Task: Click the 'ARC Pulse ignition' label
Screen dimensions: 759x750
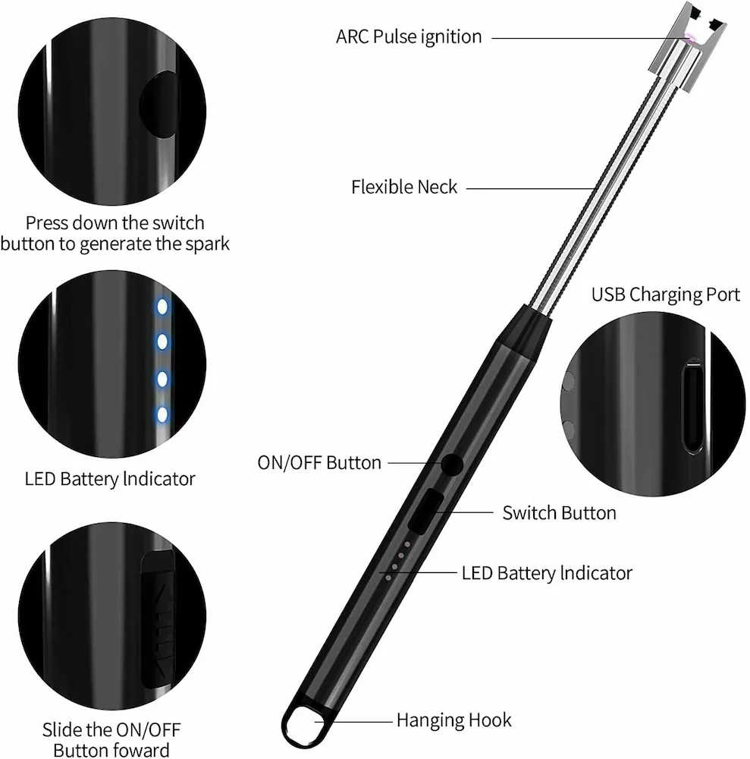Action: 409,36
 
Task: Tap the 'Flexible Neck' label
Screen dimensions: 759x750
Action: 404,187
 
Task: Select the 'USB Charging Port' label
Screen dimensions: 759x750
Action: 665,294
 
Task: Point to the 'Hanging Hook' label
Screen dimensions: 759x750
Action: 453,720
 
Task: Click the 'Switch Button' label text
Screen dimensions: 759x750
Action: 559,512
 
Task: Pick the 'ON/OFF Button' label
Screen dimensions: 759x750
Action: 319,462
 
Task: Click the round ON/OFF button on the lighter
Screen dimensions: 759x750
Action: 452,465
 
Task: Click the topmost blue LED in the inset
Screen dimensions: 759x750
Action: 162,307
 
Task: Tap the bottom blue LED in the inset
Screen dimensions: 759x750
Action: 162,414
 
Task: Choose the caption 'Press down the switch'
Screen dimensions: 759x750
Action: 115,223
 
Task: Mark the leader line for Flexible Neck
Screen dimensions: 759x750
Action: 531,187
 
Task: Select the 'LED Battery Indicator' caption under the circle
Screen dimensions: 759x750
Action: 110,479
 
